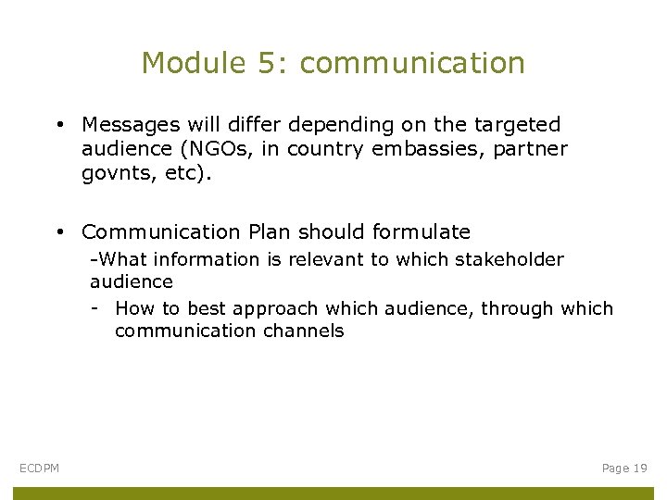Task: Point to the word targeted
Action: [x=517, y=124]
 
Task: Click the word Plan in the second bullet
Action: [x=272, y=231]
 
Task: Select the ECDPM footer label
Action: [x=40, y=469]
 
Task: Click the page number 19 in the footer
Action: [x=638, y=469]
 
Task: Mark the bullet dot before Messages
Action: [x=58, y=125]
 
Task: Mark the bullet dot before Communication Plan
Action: [x=58, y=232]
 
